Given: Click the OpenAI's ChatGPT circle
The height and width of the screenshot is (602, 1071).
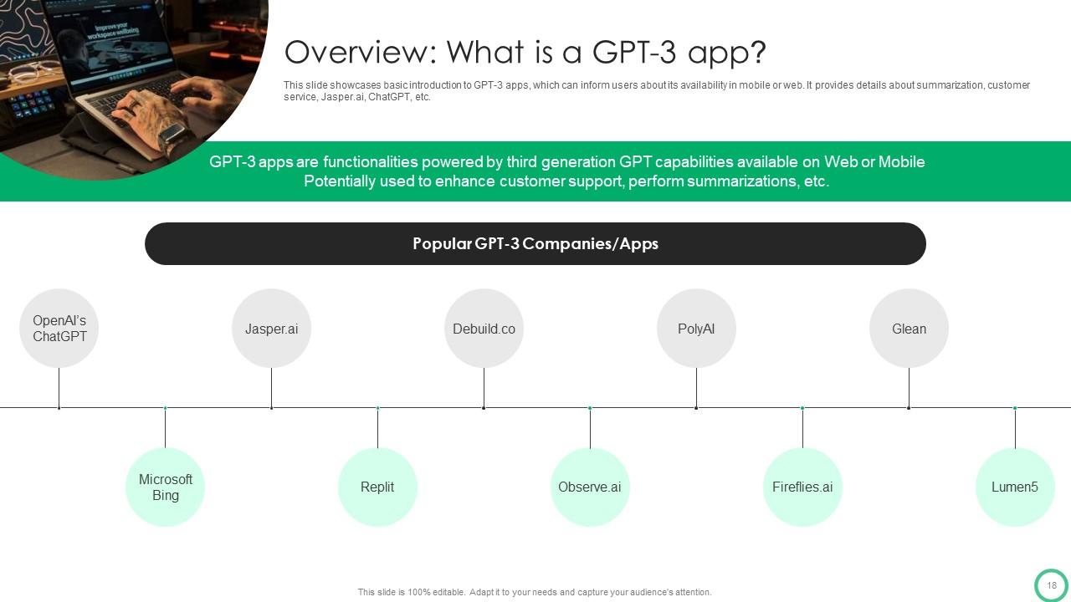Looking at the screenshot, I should [59, 329].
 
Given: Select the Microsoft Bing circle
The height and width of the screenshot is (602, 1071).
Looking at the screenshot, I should [165, 487].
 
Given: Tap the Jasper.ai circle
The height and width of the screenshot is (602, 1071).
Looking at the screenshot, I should [271, 329].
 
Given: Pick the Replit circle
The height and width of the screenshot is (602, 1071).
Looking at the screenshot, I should [377, 487].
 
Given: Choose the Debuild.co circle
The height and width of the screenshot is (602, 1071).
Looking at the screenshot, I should [484, 329].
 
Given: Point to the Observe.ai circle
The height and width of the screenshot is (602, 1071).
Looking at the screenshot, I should [590, 487].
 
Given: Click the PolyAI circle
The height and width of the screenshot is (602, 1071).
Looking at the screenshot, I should [696, 329].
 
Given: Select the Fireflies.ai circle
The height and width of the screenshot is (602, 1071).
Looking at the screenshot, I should [802, 487].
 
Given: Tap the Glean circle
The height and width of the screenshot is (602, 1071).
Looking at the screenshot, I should [909, 329].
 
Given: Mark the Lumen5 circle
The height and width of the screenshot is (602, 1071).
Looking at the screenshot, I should [1015, 487].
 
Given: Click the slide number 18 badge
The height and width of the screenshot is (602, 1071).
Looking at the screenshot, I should [1052, 585].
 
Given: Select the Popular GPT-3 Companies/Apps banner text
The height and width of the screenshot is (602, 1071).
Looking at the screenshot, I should [535, 244].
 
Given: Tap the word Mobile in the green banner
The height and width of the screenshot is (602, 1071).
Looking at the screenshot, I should [899, 162].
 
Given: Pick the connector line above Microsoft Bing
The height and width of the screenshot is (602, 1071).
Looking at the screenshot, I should [165, 427].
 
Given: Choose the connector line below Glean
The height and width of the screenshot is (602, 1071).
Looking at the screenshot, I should [909, 388].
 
